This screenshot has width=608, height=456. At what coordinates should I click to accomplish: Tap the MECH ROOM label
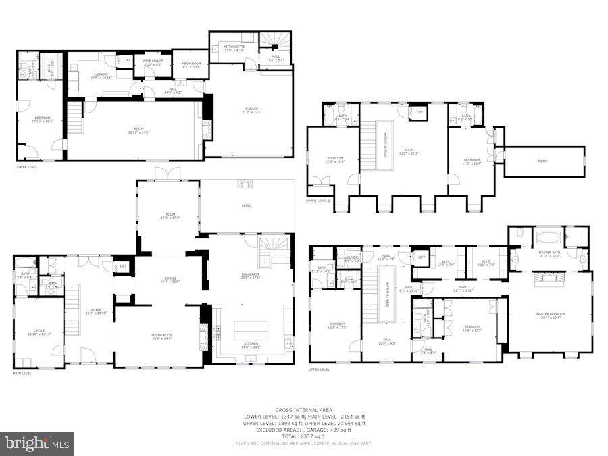[x=191, y=65]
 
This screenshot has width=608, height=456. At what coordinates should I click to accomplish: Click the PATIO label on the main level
[x=247, y=205]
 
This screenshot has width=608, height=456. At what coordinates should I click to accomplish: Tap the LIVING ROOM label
[x=162, y=335]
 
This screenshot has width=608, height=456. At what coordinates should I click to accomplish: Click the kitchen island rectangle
[x=251, y=330]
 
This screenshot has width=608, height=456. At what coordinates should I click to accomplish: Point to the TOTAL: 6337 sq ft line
[x=303, y=436]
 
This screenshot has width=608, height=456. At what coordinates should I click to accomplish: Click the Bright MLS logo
[x=37, y=444]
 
